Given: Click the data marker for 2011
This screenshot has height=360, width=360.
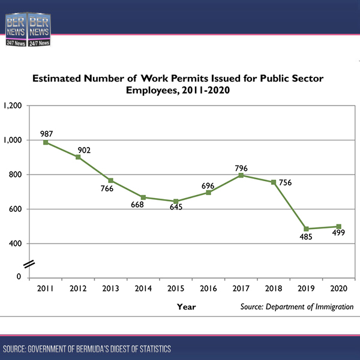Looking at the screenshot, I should click(x=46, y=142).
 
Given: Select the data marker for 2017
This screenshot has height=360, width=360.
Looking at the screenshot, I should click(x=241, y=175).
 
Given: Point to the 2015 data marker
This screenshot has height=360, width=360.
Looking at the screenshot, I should click(x=176, y=201).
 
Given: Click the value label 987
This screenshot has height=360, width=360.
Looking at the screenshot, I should click(x=47, y=133).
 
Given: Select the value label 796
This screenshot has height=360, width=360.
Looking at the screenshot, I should click(x=241, y=168).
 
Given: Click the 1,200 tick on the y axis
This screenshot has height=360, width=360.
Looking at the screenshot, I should click(x=13, y=106).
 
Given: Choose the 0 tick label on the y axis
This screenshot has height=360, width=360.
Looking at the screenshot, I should click(x=19, y=277).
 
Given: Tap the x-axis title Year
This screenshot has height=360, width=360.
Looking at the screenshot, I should click(x=186, y=307).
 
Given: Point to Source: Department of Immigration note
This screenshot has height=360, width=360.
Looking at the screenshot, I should click(x=296, y=307).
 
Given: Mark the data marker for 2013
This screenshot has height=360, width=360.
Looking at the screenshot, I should click(x=110, y=181).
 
